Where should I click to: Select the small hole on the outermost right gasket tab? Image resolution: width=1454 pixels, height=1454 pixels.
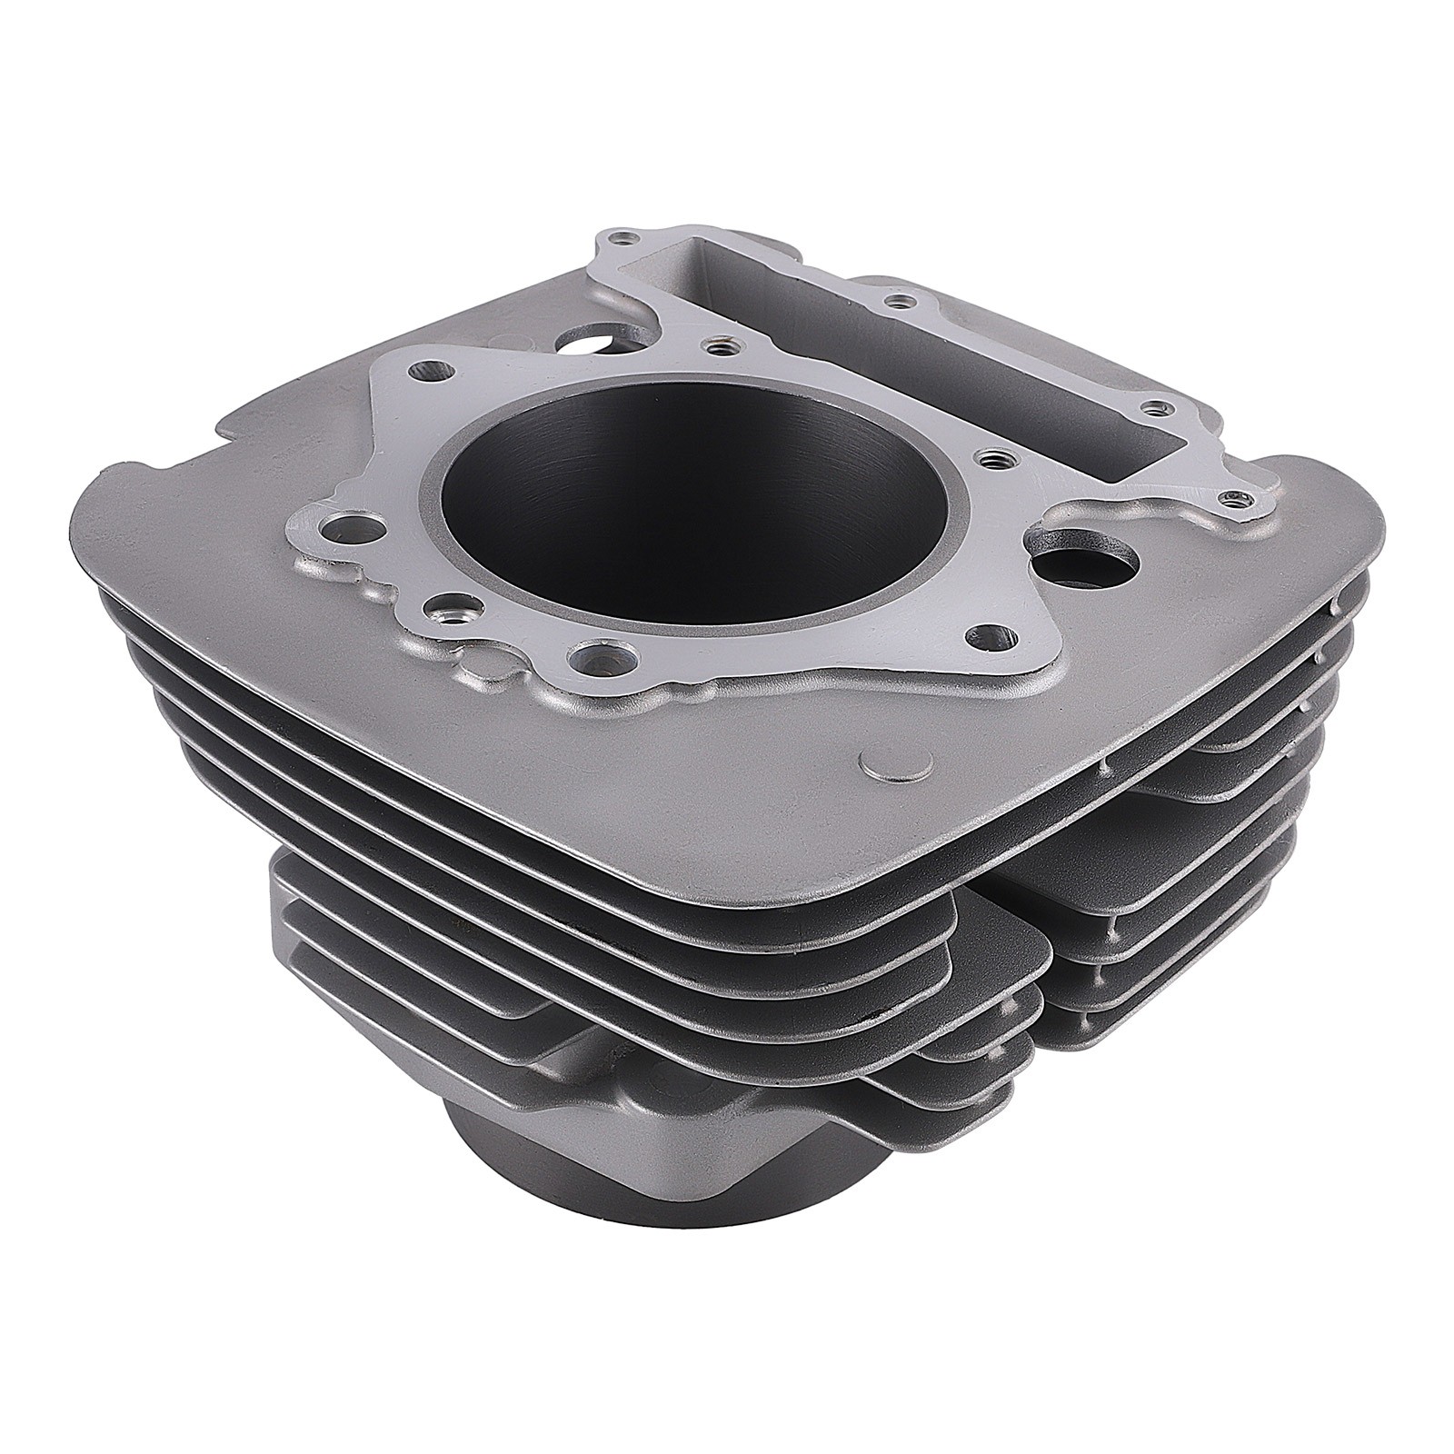[1233, 497]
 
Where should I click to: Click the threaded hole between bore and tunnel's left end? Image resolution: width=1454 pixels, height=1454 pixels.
[718, 345]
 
